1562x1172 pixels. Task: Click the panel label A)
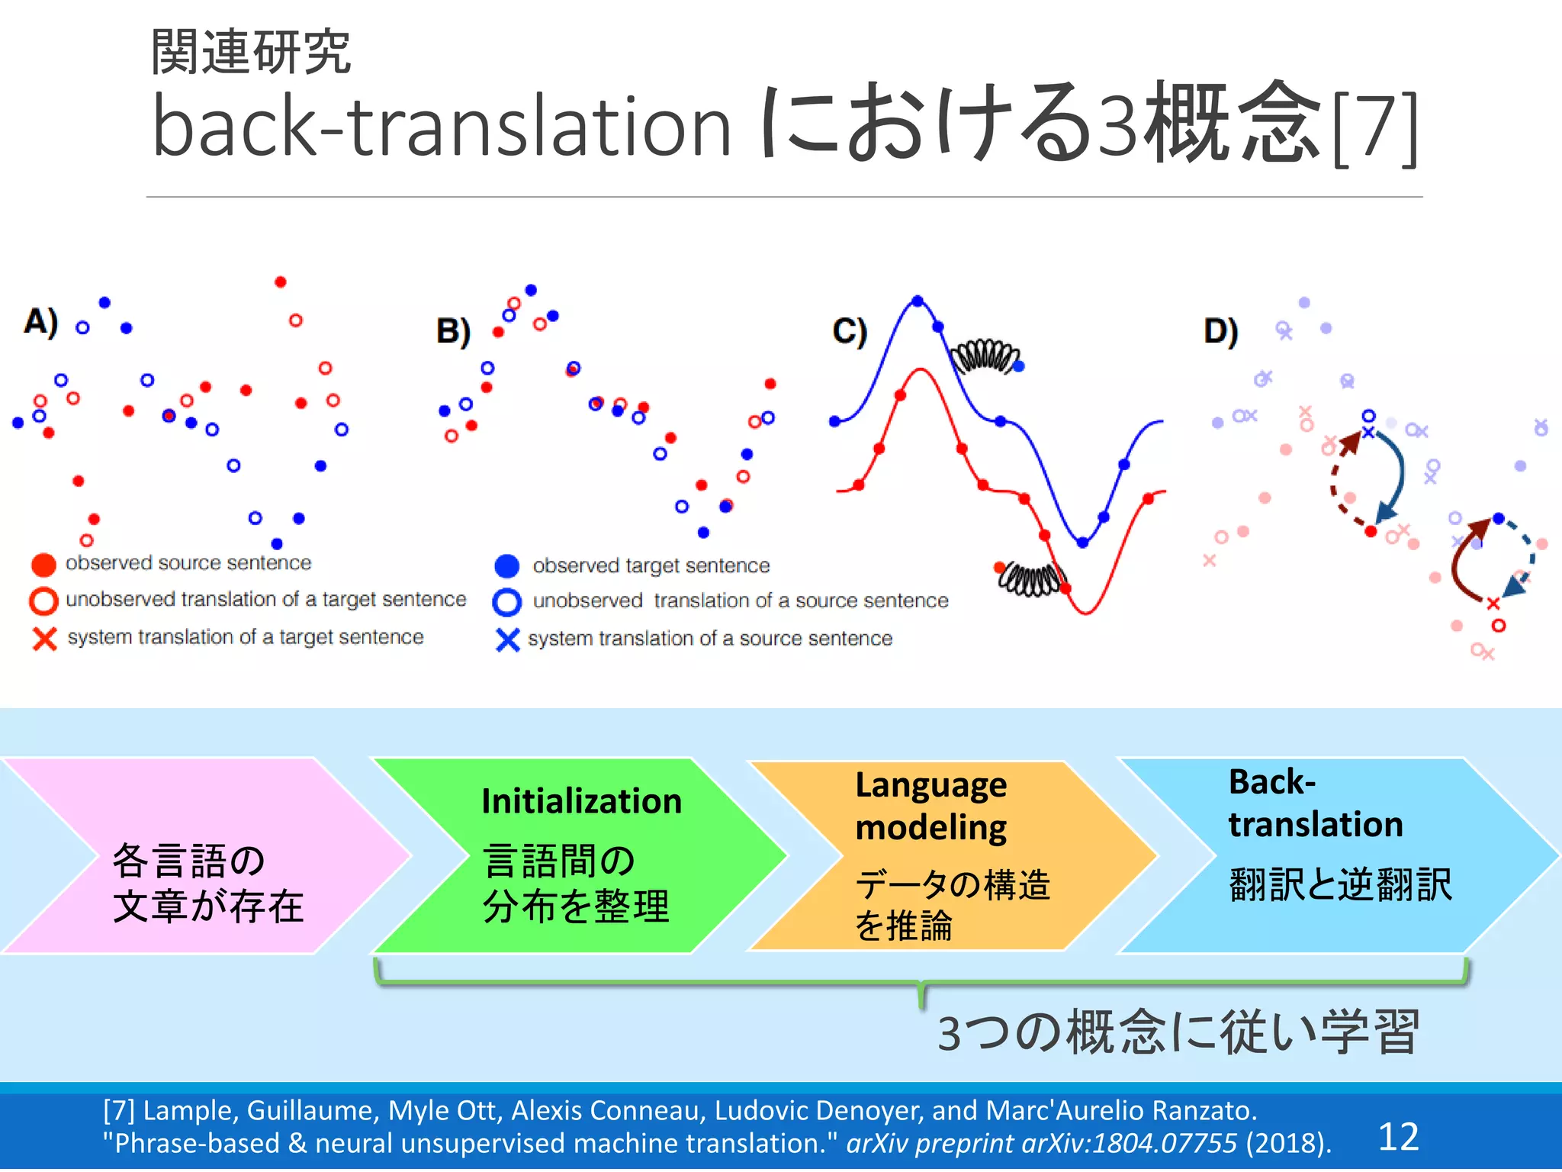[x=41, y=322]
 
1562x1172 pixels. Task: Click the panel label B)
[x=453, y=332]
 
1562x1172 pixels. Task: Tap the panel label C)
[x=850, y=332]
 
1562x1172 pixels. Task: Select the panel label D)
[x=1220, y=332]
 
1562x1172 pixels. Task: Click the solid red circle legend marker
[x=43, y=565]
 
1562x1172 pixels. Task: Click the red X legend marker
[x=44, y=639]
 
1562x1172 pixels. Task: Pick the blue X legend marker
[x=507, y=639]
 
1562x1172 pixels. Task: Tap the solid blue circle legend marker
[x=506, y=566]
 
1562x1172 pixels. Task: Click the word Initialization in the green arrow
[x=581, y=801]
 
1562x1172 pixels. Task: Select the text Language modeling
[x=930, y=806]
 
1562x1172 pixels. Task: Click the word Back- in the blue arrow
[x=1271, y=782]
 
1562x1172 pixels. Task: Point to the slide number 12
[x=1398, y=1137]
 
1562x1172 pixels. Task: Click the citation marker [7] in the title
[x=1374, y=128]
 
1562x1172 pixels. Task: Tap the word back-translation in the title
[x=441, y=126]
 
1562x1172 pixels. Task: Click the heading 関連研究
[x=250, y=52]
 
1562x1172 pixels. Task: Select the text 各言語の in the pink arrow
[x=188, y=861]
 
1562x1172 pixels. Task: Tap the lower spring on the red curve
[x=1031, y=579]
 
